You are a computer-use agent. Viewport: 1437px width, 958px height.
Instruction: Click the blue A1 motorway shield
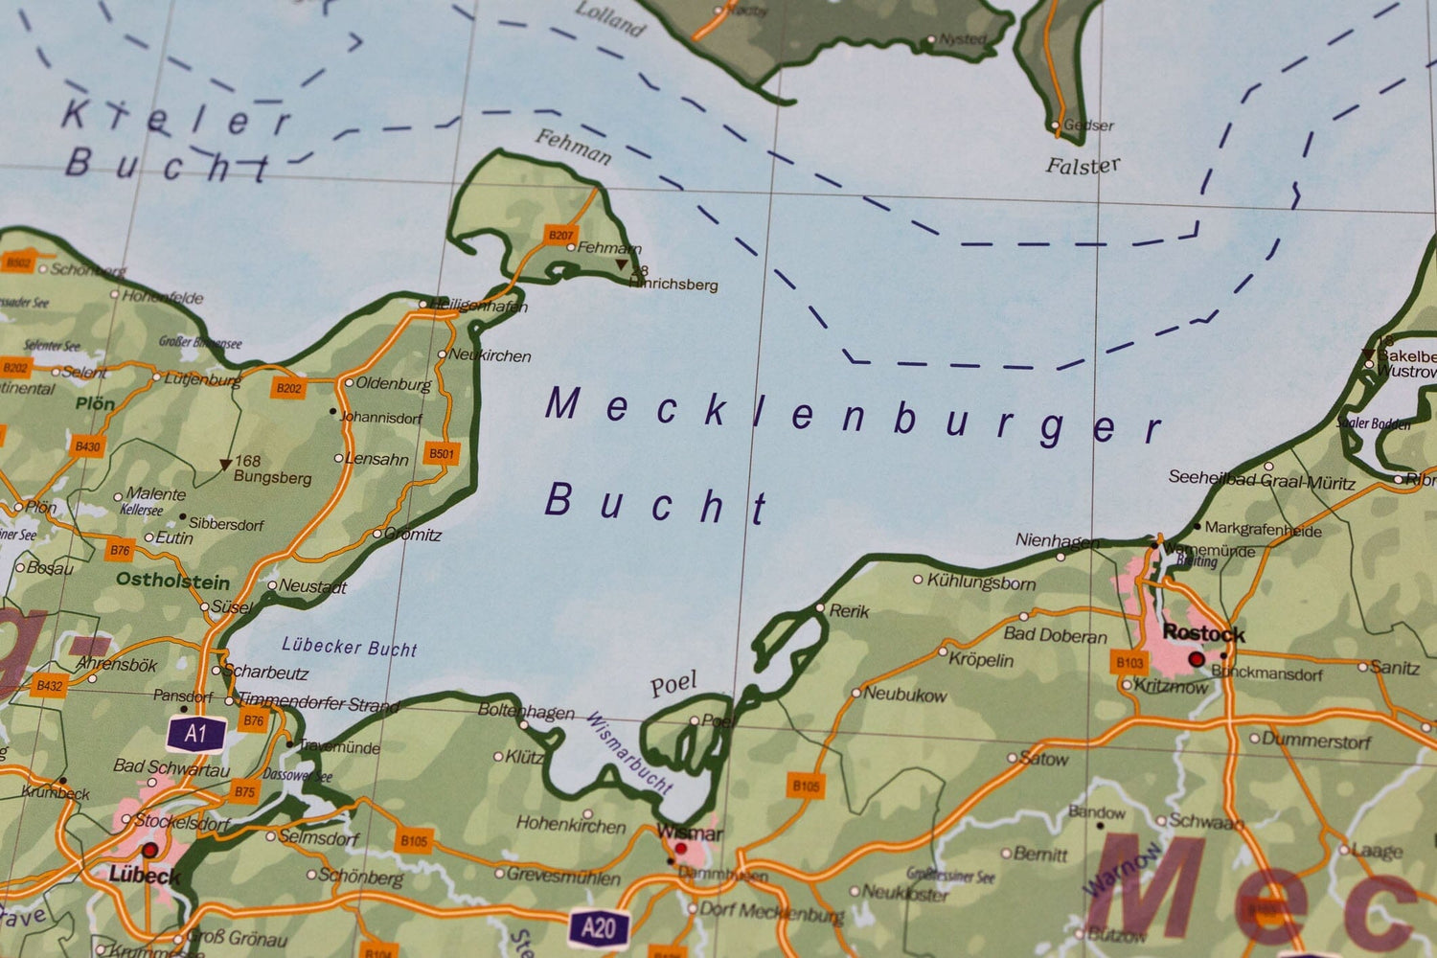pos(196,734)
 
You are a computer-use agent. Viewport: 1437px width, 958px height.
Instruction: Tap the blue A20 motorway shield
pos(598,927)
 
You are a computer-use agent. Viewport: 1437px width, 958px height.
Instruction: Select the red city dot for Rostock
pos(1196,659)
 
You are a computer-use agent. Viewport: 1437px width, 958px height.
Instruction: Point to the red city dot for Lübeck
pos(149,850)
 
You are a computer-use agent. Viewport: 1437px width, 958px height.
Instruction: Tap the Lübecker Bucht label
pos(349,648)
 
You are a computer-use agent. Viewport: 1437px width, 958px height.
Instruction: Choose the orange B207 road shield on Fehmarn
pos(560,235)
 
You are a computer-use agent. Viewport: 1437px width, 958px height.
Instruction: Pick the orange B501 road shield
pos(441,453)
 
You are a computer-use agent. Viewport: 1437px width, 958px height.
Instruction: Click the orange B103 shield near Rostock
pos(1130,662)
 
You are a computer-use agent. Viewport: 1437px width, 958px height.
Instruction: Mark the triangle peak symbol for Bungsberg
pos(225,465)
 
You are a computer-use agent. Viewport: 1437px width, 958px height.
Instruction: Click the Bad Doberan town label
pos(1055,635)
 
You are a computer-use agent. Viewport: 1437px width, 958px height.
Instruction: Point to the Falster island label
pos(1083,167)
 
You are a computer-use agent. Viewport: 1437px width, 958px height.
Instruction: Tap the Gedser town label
pos(1089,125)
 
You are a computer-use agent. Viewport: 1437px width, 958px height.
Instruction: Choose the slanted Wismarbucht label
pos(628,752)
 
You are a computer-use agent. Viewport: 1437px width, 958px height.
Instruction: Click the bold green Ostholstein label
pos(172,581)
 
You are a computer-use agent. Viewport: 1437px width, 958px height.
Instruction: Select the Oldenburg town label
pos(393,384)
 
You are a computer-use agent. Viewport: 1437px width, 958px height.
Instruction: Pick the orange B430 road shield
pos(87,446)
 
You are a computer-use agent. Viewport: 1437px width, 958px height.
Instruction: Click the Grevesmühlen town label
pos(563,875)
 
